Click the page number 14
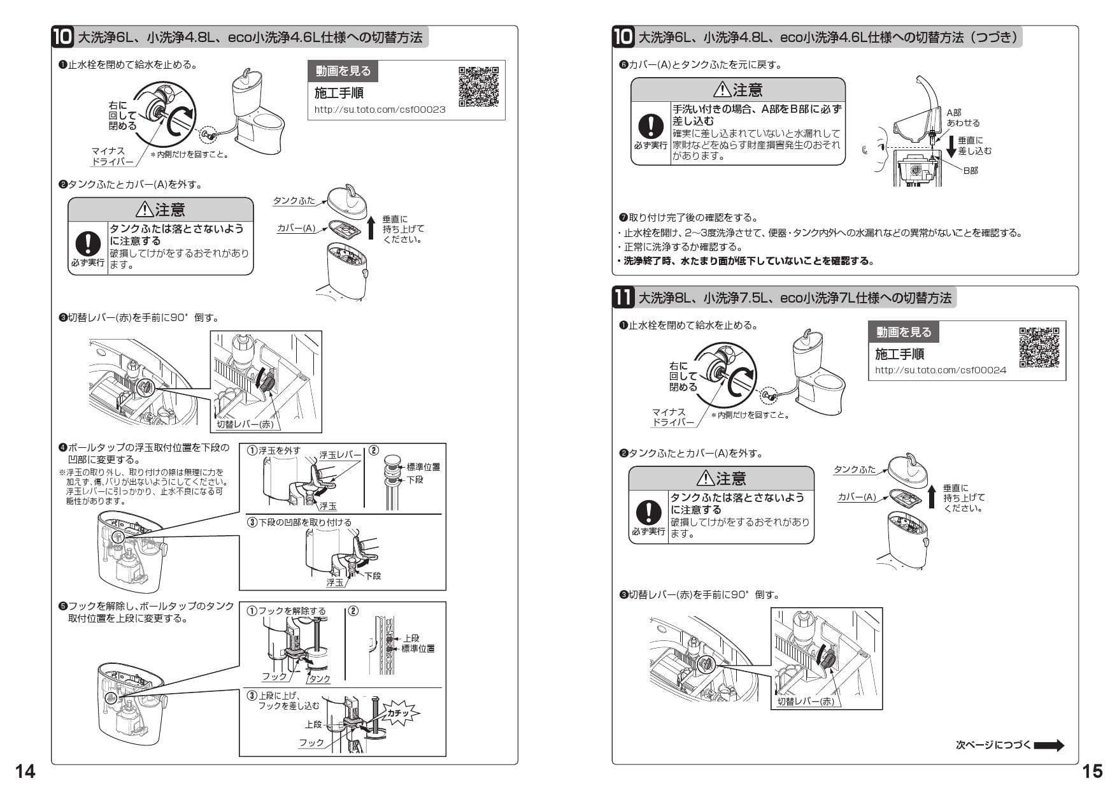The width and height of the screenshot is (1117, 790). click(x=25, y=772)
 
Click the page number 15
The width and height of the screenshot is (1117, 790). click(x=1092, y=772)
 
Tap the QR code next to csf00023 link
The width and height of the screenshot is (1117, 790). click(x=478, y=86)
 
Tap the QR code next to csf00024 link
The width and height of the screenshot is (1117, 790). click(x=1039, y=347)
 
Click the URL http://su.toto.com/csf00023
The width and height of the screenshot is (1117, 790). click(x=380, y=110)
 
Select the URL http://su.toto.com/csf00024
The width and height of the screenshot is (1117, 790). click(x=940, y=370)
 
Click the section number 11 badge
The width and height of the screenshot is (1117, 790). click(x=623, y=298)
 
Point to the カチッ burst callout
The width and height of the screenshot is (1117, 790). click(x=399, y=714)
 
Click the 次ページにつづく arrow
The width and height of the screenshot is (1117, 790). click(x=1048, y=745)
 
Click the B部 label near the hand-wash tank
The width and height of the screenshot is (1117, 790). click(x=970, y=171)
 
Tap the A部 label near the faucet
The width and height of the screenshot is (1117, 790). click(x=954, y=112)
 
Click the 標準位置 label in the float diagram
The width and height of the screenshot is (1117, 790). click(x=423, y=467)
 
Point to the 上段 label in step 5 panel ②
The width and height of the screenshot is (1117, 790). click(x=411, y=638)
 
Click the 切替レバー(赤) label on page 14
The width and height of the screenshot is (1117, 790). click(x=245, y=424)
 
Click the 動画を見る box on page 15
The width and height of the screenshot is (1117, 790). click(x=903, y=332)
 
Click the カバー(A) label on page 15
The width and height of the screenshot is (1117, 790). click(x=857, y=497)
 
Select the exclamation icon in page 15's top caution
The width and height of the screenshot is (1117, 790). click(x=650, y=126)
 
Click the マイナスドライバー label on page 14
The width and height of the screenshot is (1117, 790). click(x=112, y=156)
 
